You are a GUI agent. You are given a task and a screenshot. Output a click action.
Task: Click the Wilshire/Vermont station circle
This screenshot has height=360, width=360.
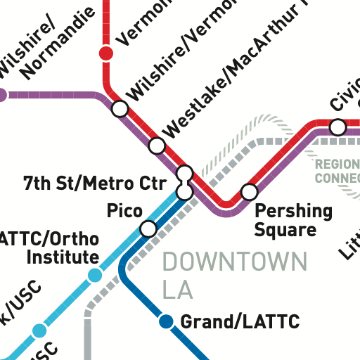point(120,109)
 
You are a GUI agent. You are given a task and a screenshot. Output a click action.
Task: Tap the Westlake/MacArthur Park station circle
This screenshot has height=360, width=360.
point(157,146)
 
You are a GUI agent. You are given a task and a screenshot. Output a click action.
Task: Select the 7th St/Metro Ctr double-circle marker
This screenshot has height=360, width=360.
point(185,182)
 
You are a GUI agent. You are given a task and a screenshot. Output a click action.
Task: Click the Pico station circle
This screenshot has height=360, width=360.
point(148,229)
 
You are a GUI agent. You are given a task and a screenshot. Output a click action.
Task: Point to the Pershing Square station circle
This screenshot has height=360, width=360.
point(249,191)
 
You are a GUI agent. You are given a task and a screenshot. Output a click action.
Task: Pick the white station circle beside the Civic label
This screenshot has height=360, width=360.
point(338,127)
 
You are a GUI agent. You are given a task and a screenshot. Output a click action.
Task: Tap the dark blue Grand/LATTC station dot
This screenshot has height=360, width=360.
point(167,322)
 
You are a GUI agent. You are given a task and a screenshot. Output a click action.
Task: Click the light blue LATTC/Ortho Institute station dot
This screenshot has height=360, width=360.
point(95,276)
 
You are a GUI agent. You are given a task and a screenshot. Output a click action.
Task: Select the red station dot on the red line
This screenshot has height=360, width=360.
point(106,53)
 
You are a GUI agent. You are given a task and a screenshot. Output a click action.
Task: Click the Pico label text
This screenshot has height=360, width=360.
point(124,210)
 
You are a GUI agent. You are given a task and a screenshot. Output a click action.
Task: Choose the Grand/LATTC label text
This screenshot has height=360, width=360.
point(240,323)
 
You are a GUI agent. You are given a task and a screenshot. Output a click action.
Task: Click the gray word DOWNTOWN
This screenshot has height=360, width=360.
point(235,264)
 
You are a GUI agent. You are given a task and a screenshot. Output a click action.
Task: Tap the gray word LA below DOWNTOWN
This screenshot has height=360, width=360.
point(177,289)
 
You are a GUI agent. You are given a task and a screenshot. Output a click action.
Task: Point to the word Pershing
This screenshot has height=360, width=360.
point(293,211)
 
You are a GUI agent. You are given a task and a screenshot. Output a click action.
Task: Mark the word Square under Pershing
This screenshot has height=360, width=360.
point(285,229)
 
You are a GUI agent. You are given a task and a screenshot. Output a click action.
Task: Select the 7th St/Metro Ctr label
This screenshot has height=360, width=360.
point(94,184)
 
